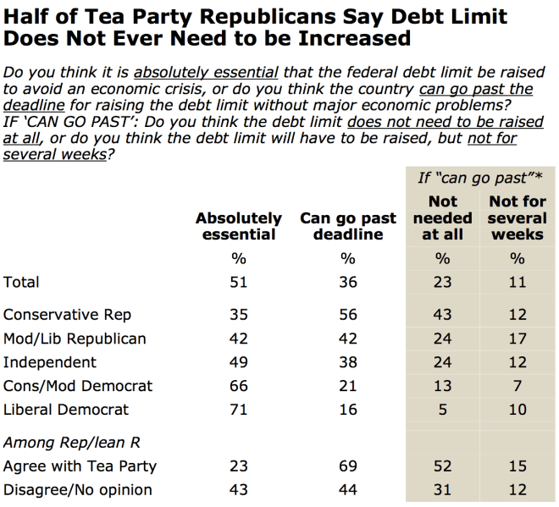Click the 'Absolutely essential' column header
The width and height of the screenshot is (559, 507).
239,226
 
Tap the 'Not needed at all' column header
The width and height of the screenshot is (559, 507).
443,218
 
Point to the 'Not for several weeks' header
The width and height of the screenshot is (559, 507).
517,218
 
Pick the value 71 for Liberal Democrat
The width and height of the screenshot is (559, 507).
240,410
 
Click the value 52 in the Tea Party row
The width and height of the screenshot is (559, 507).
443,466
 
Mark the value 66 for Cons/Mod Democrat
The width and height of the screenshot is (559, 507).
240,386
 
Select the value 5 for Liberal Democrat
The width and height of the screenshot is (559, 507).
443,410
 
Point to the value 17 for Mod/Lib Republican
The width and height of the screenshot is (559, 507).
517,339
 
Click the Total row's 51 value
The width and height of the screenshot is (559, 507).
240,283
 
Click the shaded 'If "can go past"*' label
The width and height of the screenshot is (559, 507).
480,178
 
